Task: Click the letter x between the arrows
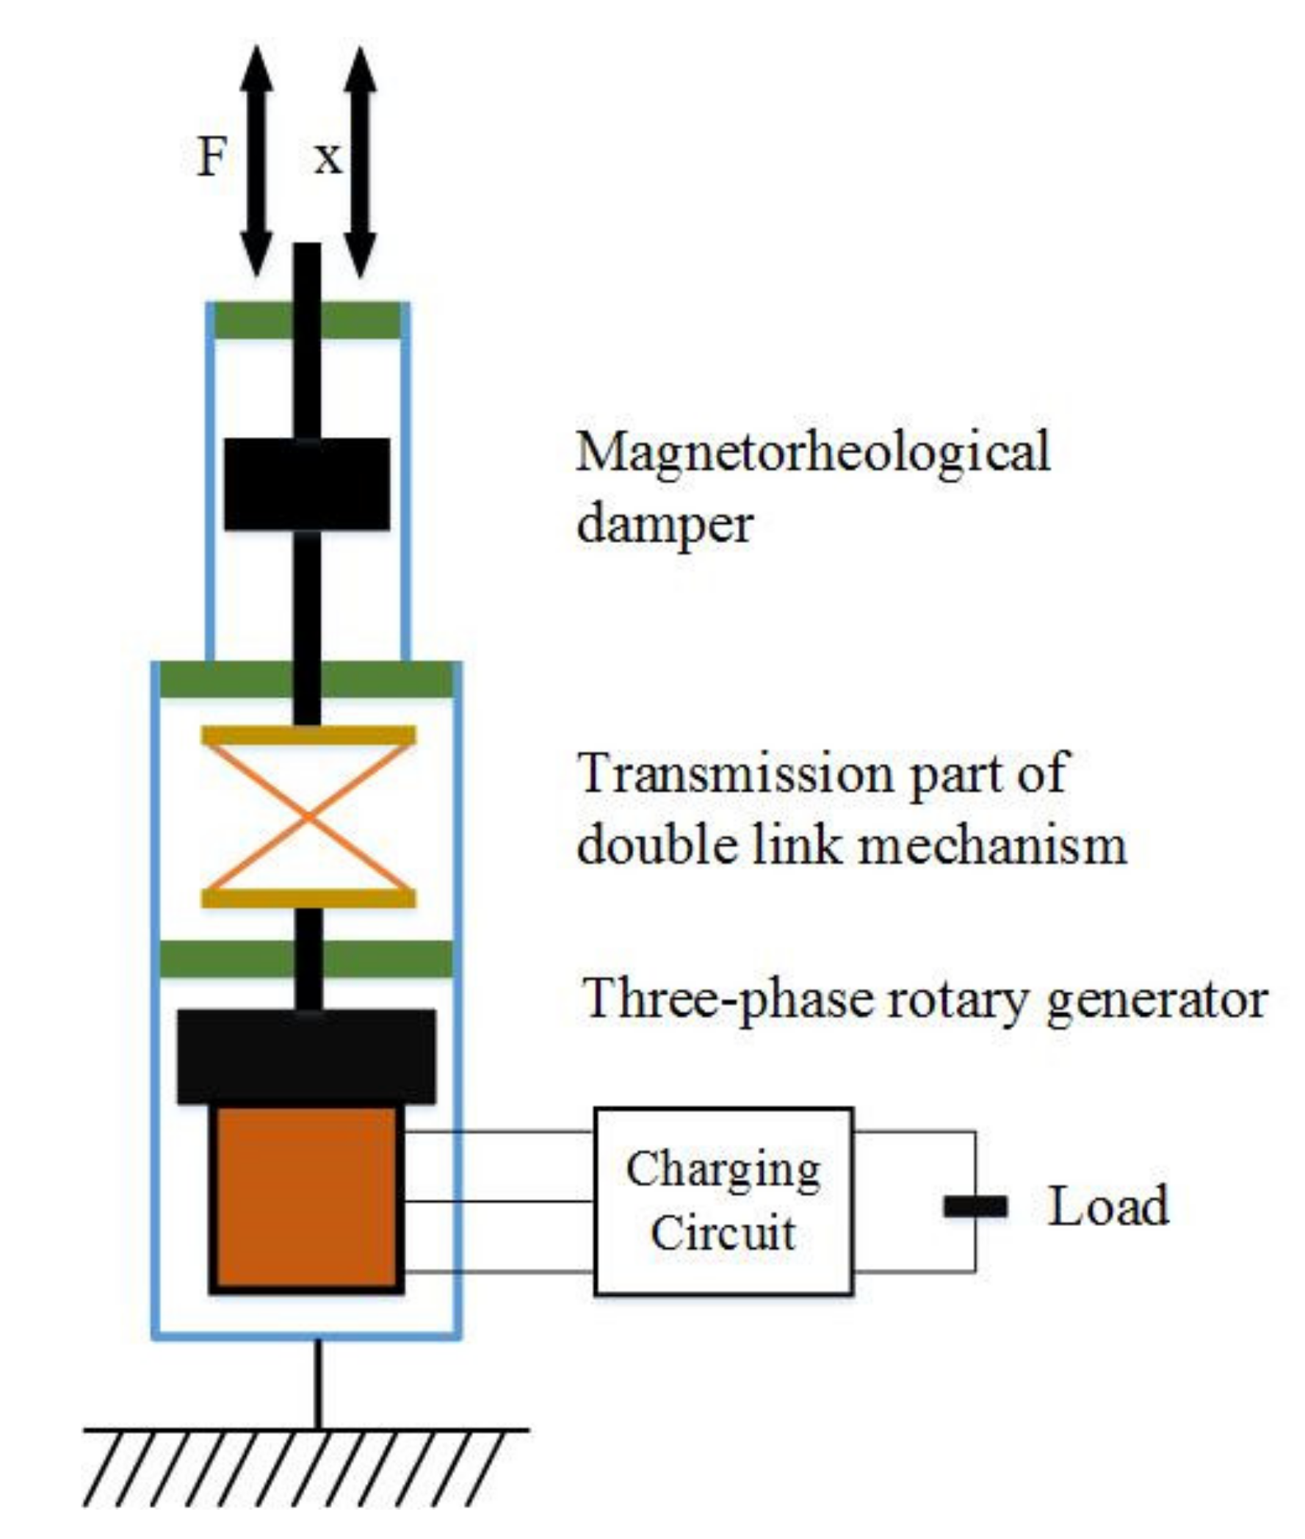(328, 158)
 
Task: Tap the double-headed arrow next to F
(257, 162)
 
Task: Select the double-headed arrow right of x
(361, 162)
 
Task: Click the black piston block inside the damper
(307, 483)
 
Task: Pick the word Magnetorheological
(812, 453)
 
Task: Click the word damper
(664, 524)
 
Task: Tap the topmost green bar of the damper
(307, 320)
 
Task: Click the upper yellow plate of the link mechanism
(308, 735)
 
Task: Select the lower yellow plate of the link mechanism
(308, 898)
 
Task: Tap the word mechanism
(991, 845)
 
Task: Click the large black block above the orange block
(306, 1056)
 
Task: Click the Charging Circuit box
(723, 1201)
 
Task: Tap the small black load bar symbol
(975, 1207)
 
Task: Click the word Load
(1107, 1207)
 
